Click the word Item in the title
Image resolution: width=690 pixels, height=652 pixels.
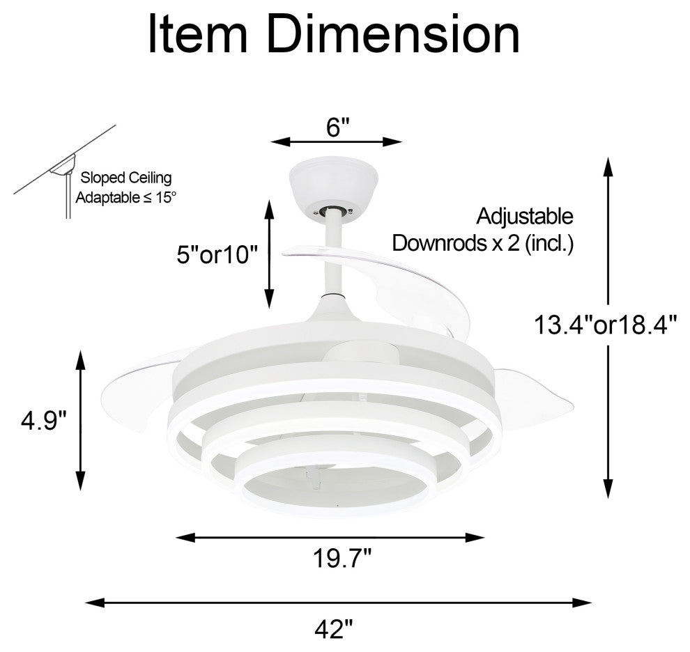198,34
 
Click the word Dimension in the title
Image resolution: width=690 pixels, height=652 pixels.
393,34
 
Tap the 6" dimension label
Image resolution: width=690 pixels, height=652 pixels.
337,127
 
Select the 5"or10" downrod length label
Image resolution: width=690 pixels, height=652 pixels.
217,254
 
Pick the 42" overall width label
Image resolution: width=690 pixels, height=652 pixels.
335,629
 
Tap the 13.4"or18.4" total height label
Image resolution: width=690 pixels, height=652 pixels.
605,325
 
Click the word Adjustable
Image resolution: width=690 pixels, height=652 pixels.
525,217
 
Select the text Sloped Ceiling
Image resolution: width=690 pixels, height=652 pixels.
126,178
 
